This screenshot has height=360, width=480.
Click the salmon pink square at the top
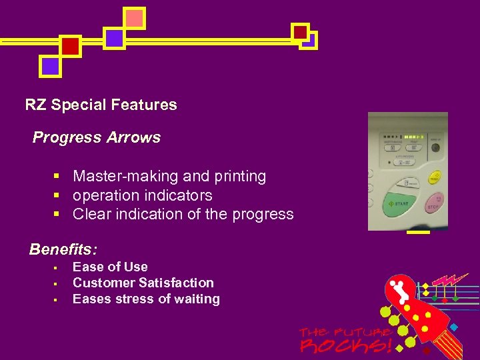135,19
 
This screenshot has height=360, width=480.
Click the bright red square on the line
71,46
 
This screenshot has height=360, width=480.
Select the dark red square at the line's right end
300,32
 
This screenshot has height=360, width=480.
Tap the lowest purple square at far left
50,66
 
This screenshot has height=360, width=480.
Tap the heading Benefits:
63,250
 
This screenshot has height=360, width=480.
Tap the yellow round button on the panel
435,178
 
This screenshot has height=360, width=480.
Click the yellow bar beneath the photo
418,233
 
